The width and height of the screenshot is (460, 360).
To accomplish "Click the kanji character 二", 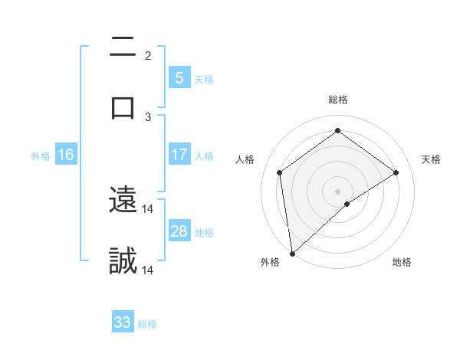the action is (x=123, y=50).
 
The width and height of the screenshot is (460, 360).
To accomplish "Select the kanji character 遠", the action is (x=123, y=201).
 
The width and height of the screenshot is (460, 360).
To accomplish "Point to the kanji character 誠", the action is (x=123, y=260).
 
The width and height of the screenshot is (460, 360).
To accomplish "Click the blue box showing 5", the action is (x=179, y=78).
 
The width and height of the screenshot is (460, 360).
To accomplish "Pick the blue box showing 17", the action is (x=179, y=155).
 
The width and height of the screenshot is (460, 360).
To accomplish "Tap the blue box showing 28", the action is (x=179, y=231).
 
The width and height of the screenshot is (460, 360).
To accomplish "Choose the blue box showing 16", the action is (x=65, y=155).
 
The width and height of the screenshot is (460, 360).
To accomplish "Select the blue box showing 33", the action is (x=123, y=322).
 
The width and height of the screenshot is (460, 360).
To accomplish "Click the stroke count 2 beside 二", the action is (x=148, y=56).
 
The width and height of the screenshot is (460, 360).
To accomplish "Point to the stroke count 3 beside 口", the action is (x=148, y=116).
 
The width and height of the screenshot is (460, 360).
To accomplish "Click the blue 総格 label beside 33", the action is (x=147, y=323).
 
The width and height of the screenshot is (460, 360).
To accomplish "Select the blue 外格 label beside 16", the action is (x=41, y=155).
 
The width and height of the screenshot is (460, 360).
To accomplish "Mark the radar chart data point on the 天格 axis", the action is (x=396, y=172).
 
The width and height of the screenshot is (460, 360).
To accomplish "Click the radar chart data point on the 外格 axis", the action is (x=292, y=253).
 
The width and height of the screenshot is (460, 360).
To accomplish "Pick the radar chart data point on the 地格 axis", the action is (x=347, y=204).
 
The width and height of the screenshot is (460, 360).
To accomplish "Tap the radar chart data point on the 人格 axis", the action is (x=280, y=172).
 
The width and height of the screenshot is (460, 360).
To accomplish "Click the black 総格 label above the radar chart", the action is (x=338, y=100).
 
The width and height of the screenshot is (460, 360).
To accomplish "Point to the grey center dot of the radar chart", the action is (x=338, y=191).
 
